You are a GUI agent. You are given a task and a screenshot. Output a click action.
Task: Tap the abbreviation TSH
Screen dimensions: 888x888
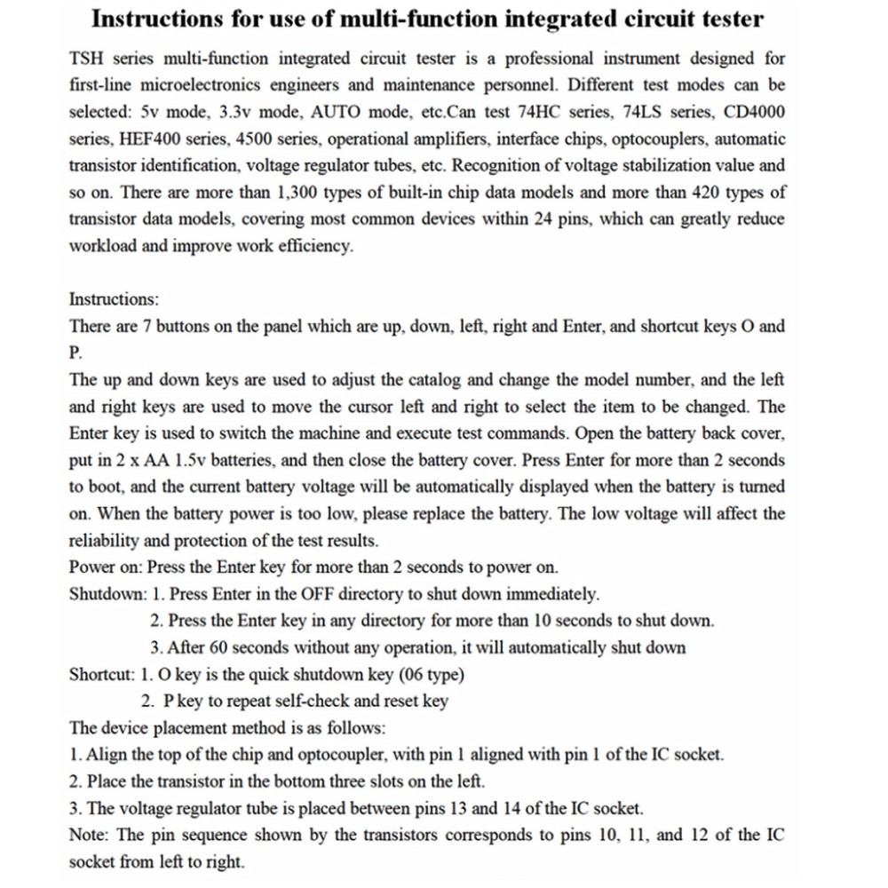click(x=87, y=59)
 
